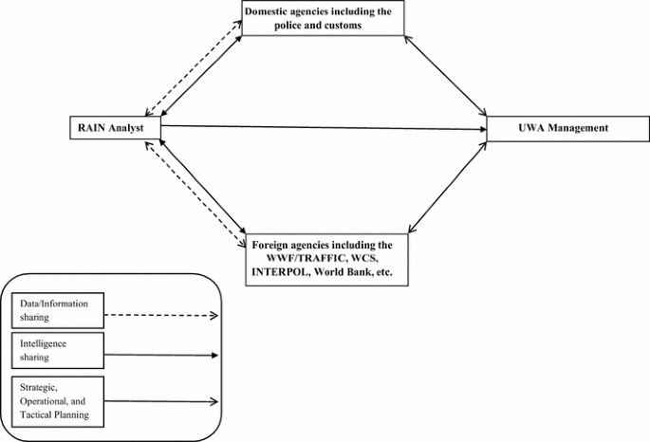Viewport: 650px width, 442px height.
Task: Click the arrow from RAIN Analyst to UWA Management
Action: click(323, 127)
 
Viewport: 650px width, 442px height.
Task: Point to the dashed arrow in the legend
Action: click(161, 314)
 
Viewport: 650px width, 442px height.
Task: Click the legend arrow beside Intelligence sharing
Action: click(161, 356)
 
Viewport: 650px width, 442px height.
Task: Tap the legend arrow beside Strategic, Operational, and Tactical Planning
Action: click(161, 401)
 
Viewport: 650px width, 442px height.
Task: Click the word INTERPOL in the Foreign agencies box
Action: click(282, 271)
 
